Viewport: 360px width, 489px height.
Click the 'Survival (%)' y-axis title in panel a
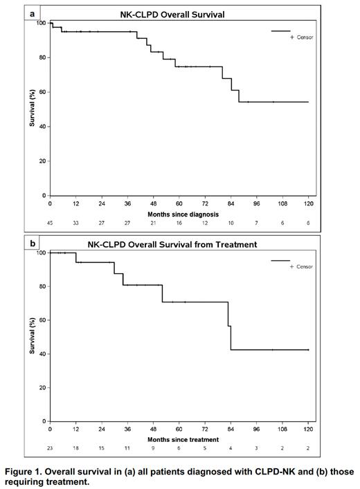[x=32, y=111]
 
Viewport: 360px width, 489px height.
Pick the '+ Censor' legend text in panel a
[x=301, y=37]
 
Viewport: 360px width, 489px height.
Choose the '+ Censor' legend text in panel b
[x=301, y=267]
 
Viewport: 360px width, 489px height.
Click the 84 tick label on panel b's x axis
[x=231, y=430]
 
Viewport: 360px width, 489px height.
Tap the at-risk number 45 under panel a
[x=50, y=224]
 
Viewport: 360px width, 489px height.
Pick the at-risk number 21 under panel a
[x=154, y=224]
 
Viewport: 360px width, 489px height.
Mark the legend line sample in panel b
[x=280, y=261]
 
